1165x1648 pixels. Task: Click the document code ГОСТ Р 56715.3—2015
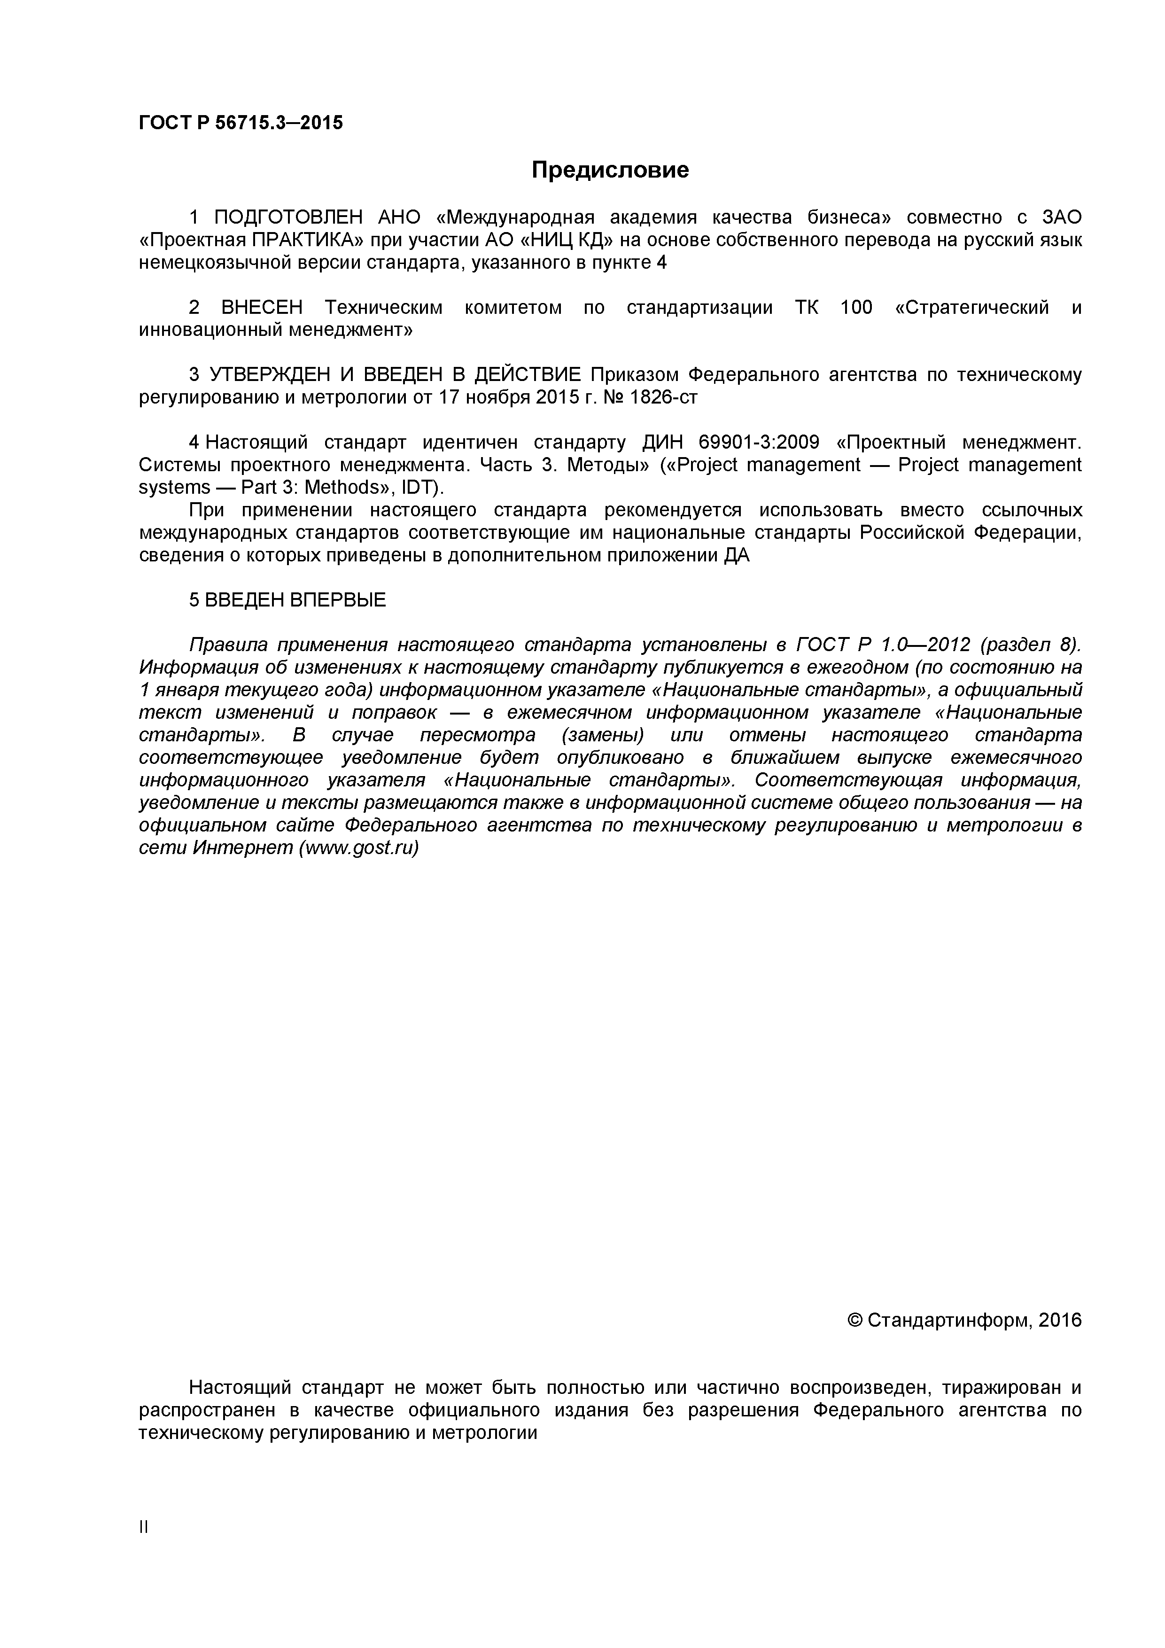coord(241,123)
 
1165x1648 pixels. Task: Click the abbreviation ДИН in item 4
coord(660,442)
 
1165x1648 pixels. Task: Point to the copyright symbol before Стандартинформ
coord(854,1321)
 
